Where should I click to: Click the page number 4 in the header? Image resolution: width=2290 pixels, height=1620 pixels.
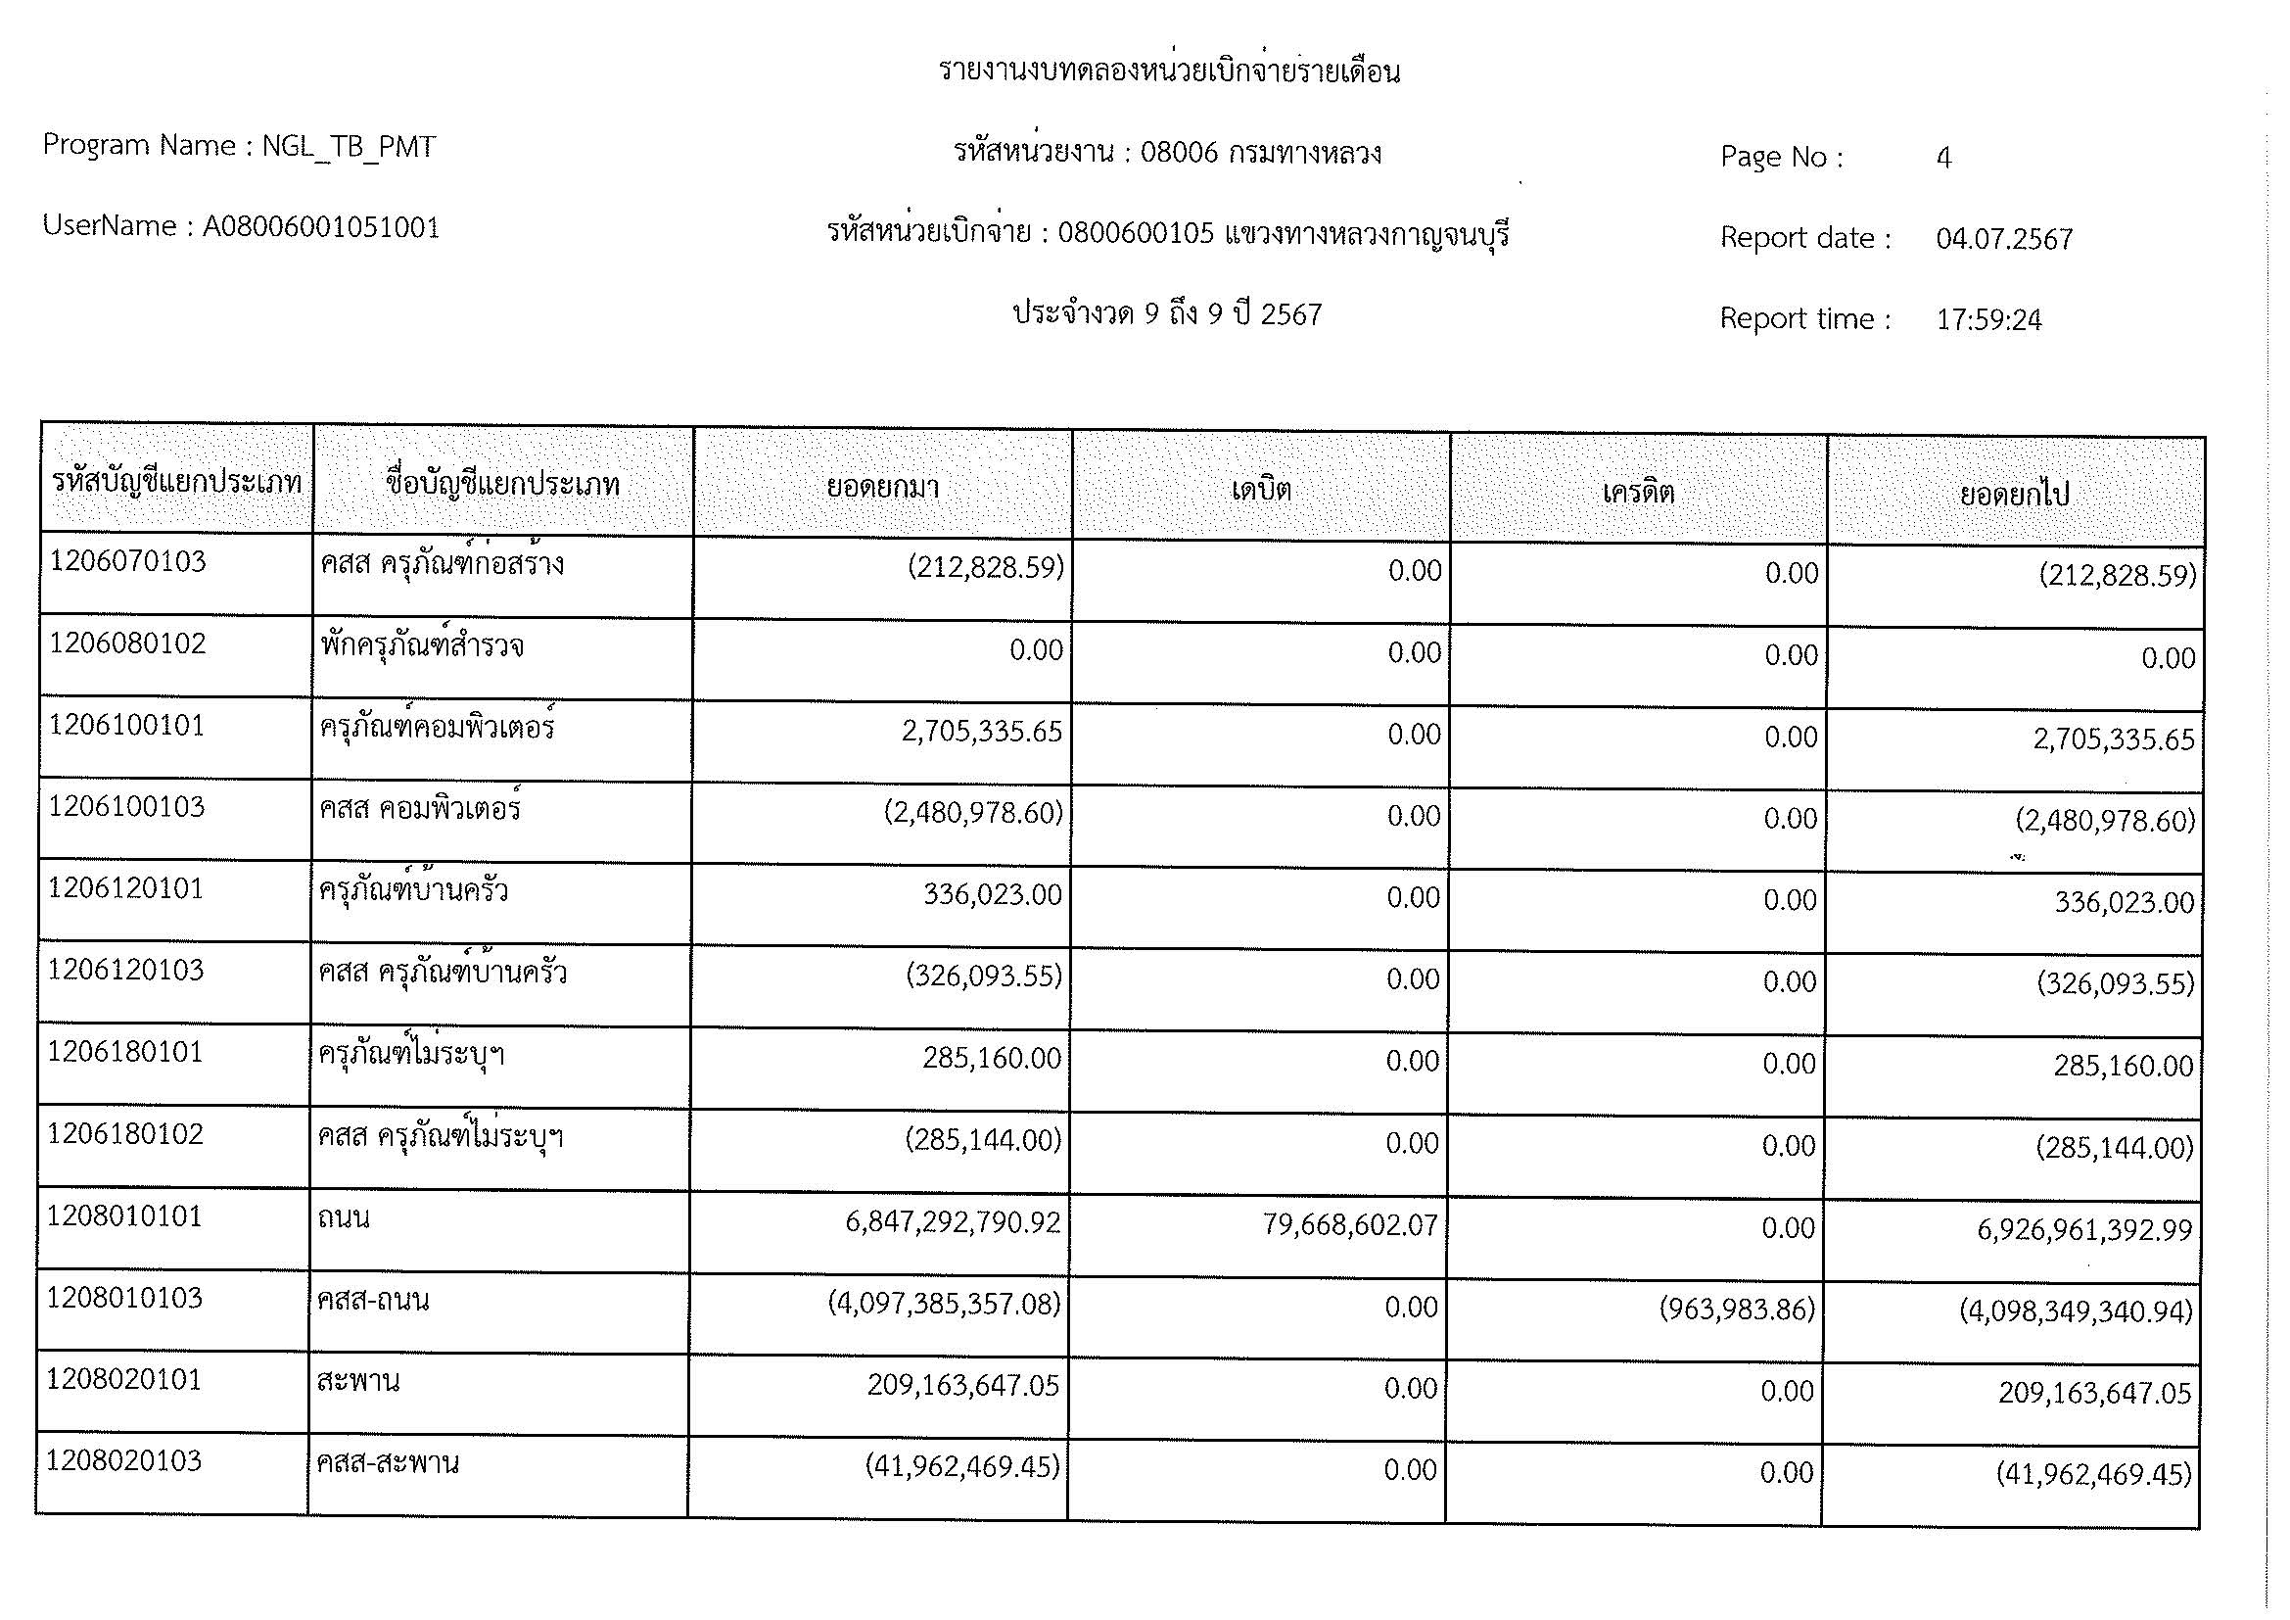[1942, 158]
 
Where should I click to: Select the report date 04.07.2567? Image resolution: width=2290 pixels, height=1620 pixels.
[2004, 239]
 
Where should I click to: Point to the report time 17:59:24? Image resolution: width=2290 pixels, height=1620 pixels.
[1988, 320]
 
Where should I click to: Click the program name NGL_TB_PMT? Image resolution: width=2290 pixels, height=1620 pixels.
[349, 147]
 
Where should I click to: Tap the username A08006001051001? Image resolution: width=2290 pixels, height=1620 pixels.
[320, 227]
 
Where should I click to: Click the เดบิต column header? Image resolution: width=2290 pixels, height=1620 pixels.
[1261, 490]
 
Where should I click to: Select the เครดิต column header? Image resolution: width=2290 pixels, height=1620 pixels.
[1638, 492]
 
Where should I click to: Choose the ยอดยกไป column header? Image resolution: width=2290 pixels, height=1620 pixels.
[2014, 494]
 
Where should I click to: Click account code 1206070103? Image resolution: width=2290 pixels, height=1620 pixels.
[127, 561]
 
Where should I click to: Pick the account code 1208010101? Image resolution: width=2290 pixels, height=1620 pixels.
[123, 1216]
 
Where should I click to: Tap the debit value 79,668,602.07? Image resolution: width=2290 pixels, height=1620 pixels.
[1350, 1225]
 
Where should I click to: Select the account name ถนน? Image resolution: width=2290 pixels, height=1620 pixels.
[343, 1218]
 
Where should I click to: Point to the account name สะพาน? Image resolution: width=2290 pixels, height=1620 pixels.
[358, 1382]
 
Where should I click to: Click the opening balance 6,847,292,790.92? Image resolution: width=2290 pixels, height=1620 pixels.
[953, 1222]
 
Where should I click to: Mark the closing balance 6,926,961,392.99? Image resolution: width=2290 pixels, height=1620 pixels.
[2084, 1230]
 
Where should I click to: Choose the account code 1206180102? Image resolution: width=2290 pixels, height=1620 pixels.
[124, 1134]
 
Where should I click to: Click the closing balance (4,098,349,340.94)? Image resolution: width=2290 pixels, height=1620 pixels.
[2076, 1310]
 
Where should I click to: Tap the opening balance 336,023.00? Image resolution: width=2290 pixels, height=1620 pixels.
[993, 895]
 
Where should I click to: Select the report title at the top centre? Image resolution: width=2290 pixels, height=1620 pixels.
[1169, 71]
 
